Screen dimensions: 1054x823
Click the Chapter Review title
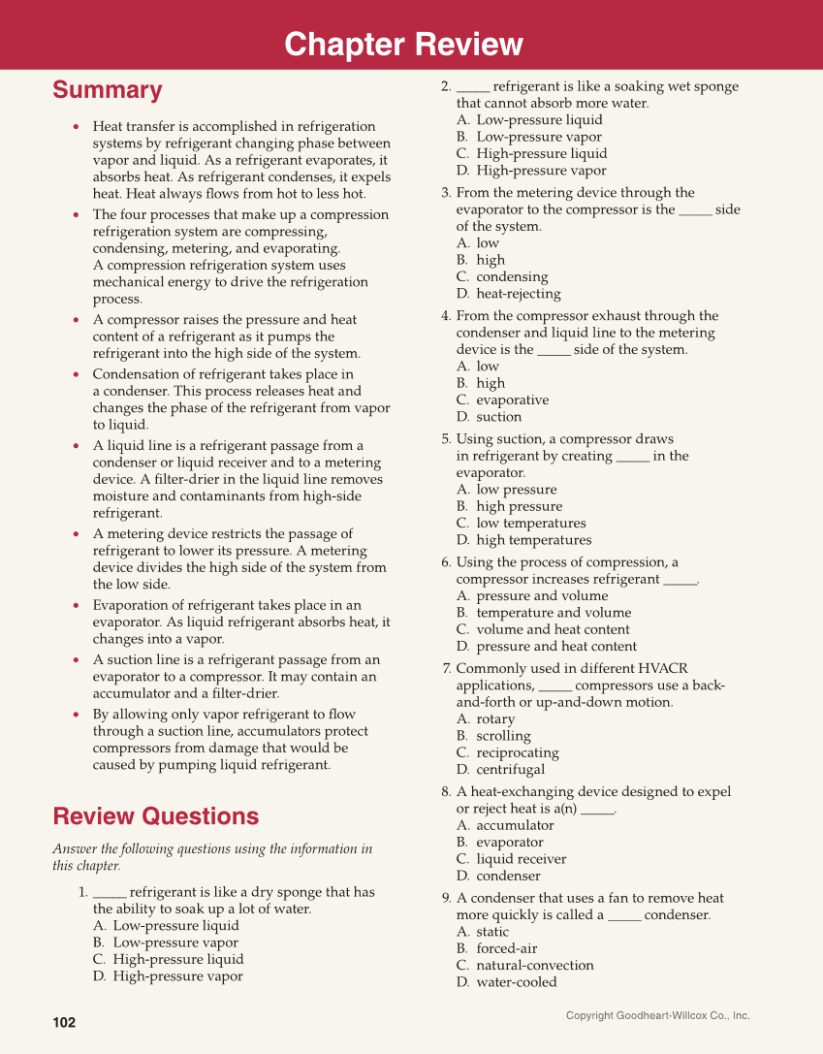(403, 45)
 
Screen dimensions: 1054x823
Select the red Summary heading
(107, 90)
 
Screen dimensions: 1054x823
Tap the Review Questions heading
(155, 815)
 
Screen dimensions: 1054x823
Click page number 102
(64, 1023)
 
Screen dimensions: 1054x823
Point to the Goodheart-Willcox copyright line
(657, 1015)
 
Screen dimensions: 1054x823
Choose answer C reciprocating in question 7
(517, 753)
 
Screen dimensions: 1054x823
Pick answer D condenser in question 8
(508, 877)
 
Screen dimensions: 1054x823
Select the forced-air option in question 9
(506, 948)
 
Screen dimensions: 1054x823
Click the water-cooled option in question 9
(516, 982)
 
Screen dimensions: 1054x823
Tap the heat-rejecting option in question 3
(518, 294)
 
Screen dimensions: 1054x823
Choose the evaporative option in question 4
(512, 400)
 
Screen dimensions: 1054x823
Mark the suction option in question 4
(498, 417)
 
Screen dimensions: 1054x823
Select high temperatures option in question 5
(533, 540)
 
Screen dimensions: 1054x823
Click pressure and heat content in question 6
(556, 647)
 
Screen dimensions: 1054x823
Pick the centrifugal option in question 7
(510, 770)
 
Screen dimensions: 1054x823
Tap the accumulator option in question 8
(515, 825)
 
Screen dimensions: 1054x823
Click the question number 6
(446, 562)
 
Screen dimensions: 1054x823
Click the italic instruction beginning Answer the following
(211, 857)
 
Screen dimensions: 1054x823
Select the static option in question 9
(492, 932)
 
